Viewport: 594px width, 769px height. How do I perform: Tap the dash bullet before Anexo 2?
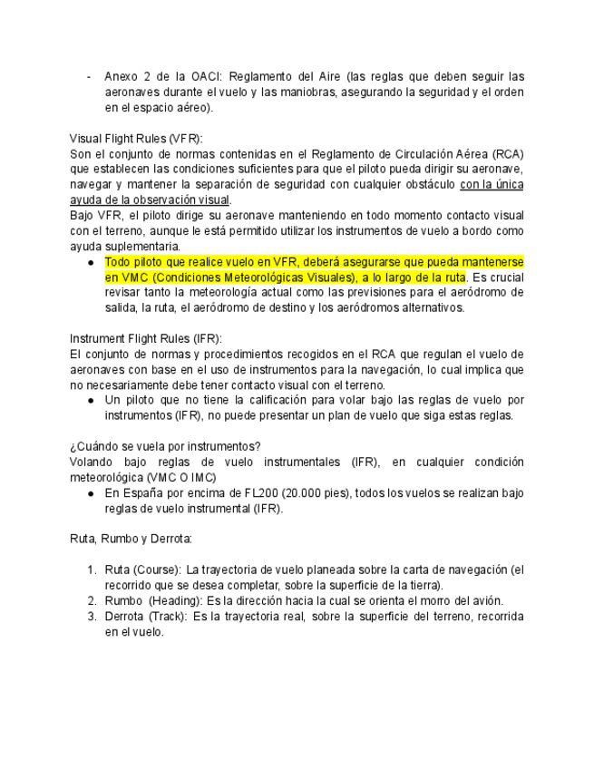[88, 76]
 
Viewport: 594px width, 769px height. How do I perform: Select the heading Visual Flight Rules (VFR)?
[137, 138]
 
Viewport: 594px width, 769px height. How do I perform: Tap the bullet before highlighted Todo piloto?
[92, 262]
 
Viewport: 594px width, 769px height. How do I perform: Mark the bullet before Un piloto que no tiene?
[92, 400]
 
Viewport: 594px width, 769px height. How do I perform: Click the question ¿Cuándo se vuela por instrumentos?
[165, 445]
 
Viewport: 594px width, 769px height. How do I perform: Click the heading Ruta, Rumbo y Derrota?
[131, 538]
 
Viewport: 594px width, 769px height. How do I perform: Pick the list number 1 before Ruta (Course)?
[93, 569]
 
